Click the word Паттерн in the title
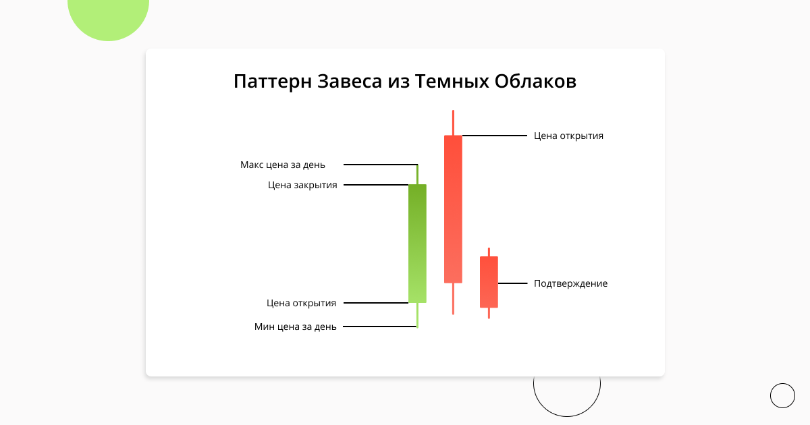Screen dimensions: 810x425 pyautogui.click(x=273, y=82)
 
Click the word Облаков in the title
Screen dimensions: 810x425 pyautogui.click(x=535, y=82)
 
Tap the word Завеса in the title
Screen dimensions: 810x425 pyautogui.click(x=350, y=82)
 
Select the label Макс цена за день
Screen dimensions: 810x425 pyautogui.click(x=283, y=165)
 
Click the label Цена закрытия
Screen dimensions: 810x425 pyautogui.click(x=302, y=186)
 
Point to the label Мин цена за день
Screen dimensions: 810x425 pyautogui.click(x=296, y=327)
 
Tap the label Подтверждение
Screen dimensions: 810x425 pyautogui.click(x=570, y=284)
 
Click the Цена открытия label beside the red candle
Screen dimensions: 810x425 pyautogui.click(x=568, y=136)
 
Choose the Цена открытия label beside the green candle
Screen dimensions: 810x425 pyautogui.click(x=301, y=303)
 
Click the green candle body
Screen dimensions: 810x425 pyautogui.click(x=417, y=244)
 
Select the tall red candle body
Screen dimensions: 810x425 pyautogui.click(x=453, y=209)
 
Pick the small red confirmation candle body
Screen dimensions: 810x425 pyautogui.click(x=489, y=282)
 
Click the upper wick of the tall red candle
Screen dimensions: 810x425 pyautogui.click(x=453, y=123)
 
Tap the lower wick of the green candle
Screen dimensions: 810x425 pyautogui.click(x=417, y=315)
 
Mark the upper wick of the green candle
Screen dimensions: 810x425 pyautogui.click(x=417, y=175)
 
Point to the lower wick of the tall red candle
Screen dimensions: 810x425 pyautogui.click(x=453, y=298)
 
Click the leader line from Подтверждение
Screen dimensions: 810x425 pyautogui.click(x=512, y=283)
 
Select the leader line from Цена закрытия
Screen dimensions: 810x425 pyautogui.click(x=376, y=185)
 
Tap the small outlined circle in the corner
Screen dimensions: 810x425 pyautogui.click(x=782, y=383)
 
